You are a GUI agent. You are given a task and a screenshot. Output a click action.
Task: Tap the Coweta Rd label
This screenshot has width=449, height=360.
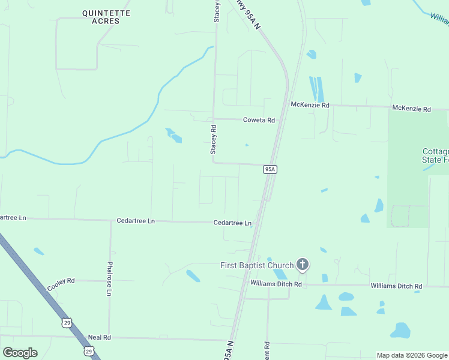pos(259,120)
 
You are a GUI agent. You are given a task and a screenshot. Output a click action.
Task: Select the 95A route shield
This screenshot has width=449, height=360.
pos(270,170)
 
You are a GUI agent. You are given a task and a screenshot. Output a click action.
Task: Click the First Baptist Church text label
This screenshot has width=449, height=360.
pos(257,265)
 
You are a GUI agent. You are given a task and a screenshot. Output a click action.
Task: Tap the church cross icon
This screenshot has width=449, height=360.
pos(303,265)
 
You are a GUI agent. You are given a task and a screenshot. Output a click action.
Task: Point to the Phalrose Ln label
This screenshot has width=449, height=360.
pos(110,278)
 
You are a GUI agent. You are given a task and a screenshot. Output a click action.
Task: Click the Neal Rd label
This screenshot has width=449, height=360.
pos(100,338)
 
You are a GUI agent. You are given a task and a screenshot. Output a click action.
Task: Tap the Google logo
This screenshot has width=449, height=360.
pos(20,353)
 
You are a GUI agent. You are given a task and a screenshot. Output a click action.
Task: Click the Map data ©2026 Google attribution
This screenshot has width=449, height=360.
pos(412,355)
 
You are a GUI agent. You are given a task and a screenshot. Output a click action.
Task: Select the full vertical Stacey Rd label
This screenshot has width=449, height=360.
pos(213,139)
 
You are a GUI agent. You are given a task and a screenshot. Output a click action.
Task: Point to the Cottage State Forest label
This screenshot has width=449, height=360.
pos(436,155)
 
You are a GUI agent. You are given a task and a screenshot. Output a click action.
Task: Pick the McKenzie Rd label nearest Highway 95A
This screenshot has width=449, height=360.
pos(310,105)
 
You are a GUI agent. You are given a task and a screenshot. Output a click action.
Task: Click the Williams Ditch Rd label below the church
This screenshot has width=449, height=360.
pos(276,283)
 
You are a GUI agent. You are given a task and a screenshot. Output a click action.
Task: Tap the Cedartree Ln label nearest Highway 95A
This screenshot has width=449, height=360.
pos(232,223)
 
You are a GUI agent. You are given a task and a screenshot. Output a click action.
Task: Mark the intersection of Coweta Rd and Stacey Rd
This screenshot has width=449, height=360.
pos(214,119)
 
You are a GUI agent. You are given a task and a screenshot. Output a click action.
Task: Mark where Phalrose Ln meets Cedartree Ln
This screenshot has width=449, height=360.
pos(110,221)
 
